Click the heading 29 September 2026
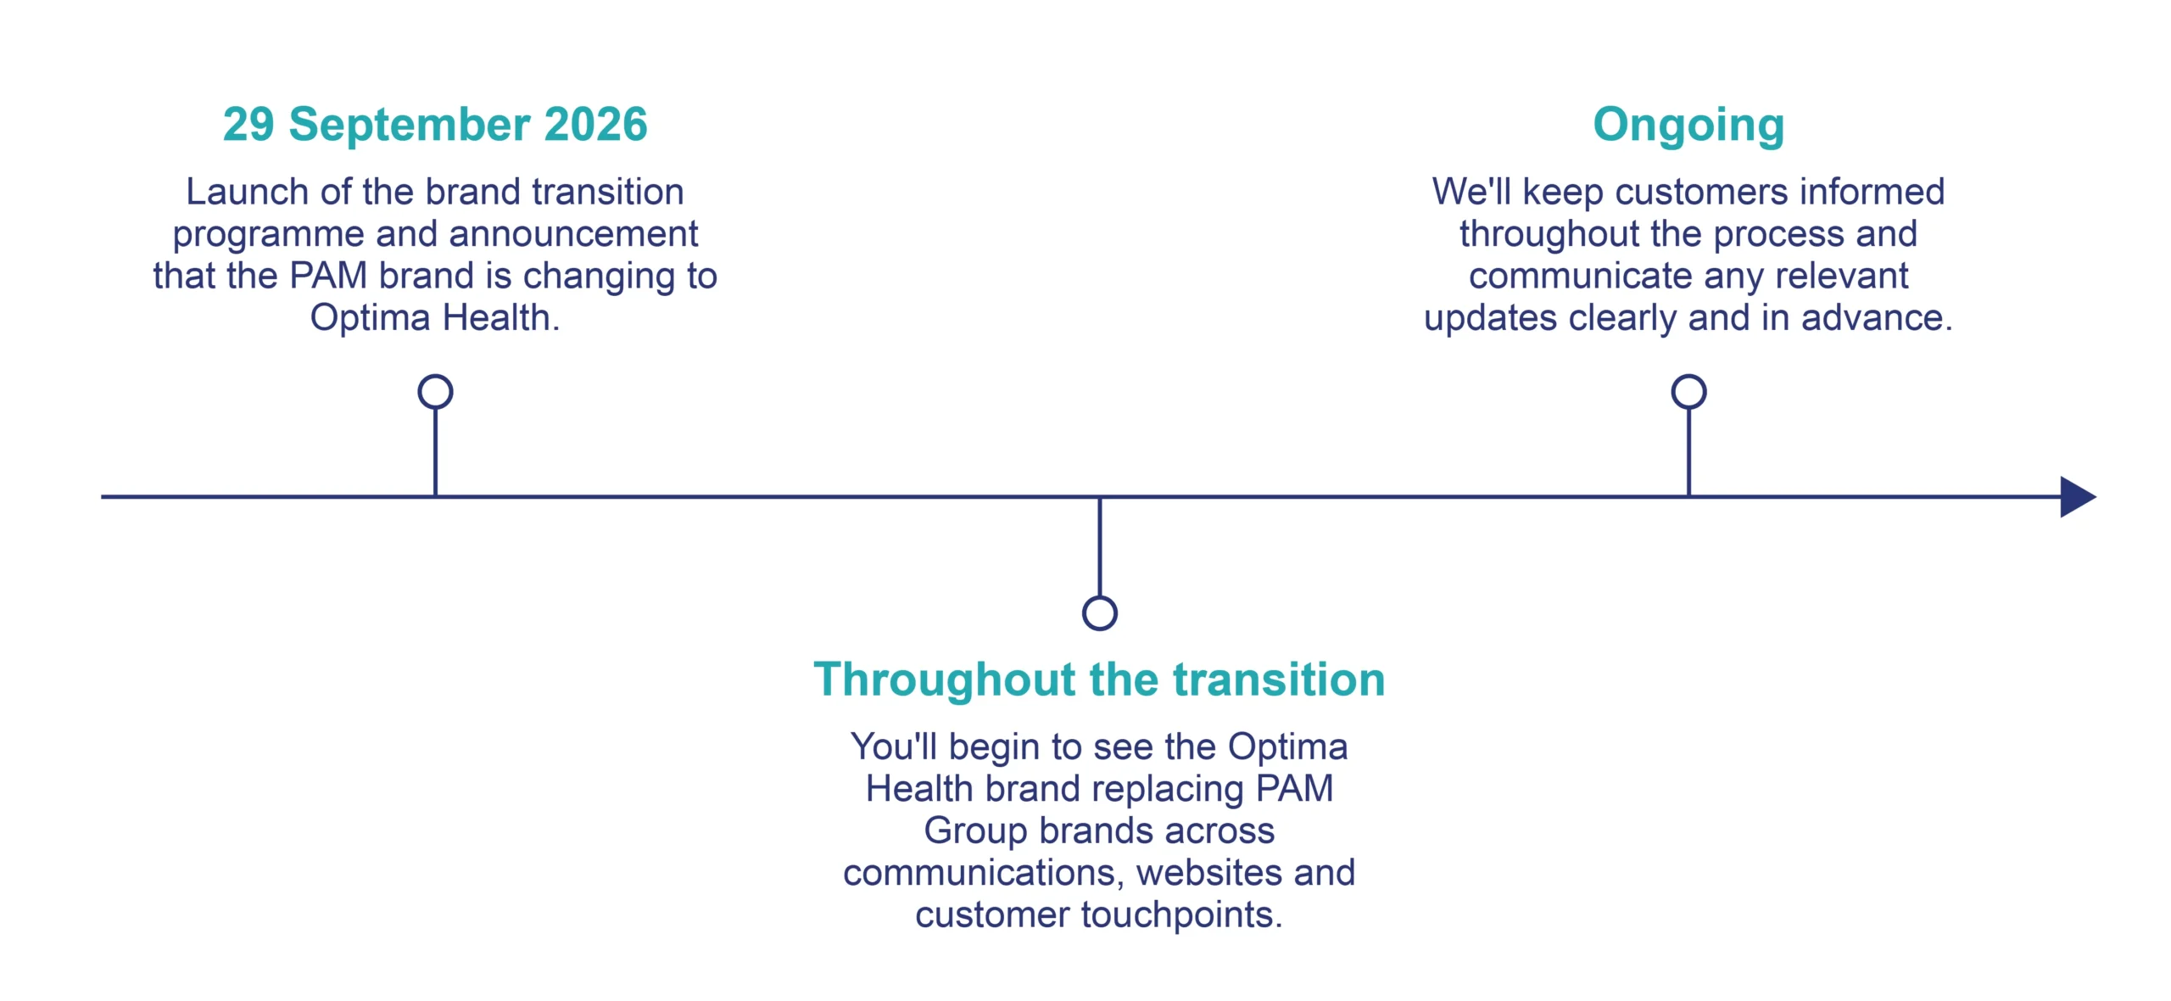tap(435, 124)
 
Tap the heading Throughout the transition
tap(1099, 679)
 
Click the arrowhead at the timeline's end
tap(2078, 496)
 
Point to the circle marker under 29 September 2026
tap(435, 376)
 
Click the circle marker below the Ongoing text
tap(1688, 376)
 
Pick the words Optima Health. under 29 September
tap(435, 318)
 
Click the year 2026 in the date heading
tap(595, 124)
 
